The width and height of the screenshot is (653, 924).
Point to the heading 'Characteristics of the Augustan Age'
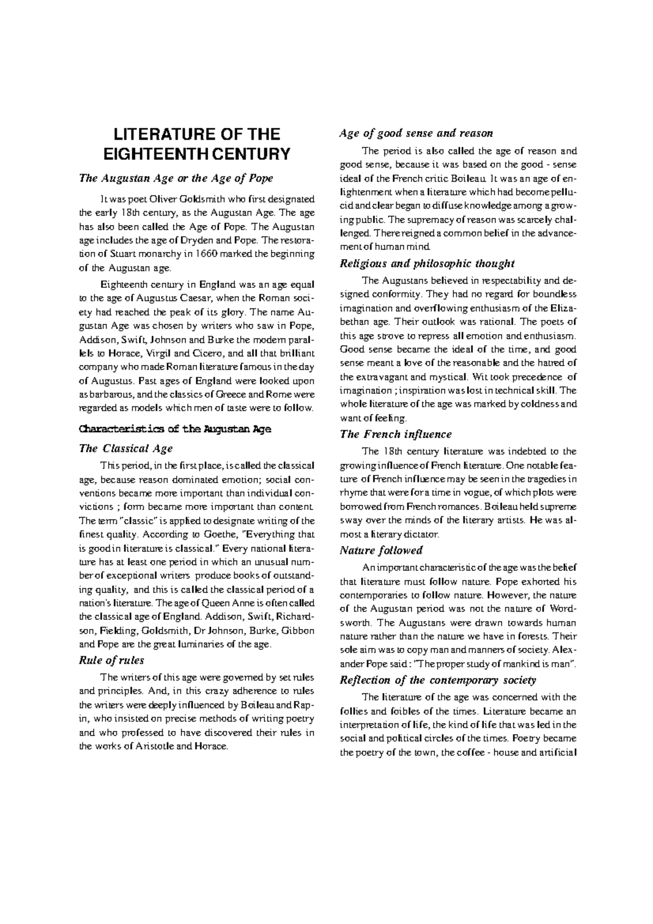pos(175,429)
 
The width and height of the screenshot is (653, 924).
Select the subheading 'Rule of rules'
pos(112,660)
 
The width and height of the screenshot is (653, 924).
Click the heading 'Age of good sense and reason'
pos(416,133)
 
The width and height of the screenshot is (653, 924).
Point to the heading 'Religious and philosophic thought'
pos(427,264)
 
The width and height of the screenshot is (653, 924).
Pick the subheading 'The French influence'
pos(396,434)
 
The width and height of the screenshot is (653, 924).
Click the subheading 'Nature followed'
pos(381,550)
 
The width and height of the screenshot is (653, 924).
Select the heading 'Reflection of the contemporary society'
pos(438,680)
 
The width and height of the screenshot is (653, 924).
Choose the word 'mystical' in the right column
pos(451,377)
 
